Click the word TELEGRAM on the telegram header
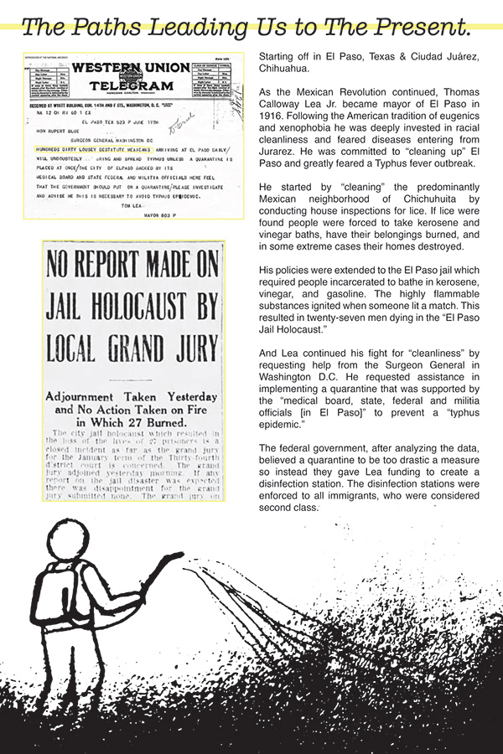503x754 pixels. point(132,85)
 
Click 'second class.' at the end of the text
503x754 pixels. point(290,508)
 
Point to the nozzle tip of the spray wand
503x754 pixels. point(179,555)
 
